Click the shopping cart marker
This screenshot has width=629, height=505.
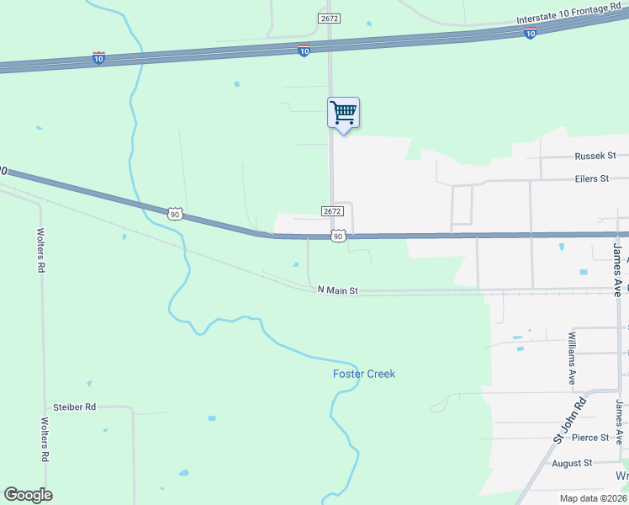click(343, 113)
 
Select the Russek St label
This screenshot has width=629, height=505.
click(595, 156)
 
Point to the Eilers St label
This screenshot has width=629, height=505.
click(591, 178)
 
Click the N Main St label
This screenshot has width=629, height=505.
click(338, 290)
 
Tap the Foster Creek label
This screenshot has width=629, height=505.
click(363, 374)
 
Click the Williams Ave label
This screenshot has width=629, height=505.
click(571, 358)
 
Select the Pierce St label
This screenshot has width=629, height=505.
click(590, 438)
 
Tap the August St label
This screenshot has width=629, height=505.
click(572, 463)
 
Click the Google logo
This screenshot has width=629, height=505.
click(28, 495)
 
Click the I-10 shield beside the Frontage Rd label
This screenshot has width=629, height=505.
click(530, 33)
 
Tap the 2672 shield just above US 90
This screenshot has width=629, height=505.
click(332, 211)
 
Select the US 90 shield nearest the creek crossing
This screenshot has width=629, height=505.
click(174, 215)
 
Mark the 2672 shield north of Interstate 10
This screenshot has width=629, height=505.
click(329, 18)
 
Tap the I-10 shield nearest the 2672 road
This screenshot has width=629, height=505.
click(304, 51)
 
